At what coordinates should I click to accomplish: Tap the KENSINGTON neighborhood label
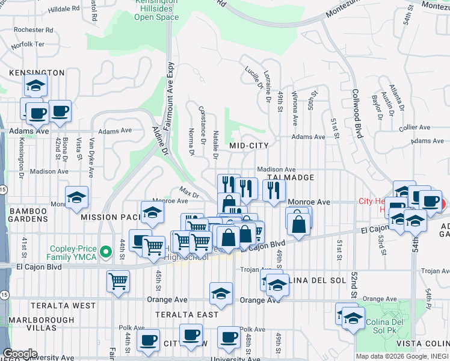[37, 73]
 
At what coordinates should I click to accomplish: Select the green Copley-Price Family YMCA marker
[106, 251]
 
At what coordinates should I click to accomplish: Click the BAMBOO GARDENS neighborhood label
[28, 215]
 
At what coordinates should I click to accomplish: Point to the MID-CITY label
[248, 146]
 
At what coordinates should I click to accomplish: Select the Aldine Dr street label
[157, 138]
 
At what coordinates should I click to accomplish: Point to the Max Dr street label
[189, 194]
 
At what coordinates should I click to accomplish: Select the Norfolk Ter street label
[27, 45]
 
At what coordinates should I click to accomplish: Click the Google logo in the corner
[19, 354]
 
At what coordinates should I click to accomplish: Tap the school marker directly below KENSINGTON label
[35, 87]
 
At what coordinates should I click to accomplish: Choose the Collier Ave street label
[415, 128]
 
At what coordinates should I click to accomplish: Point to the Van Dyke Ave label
[91, 158]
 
